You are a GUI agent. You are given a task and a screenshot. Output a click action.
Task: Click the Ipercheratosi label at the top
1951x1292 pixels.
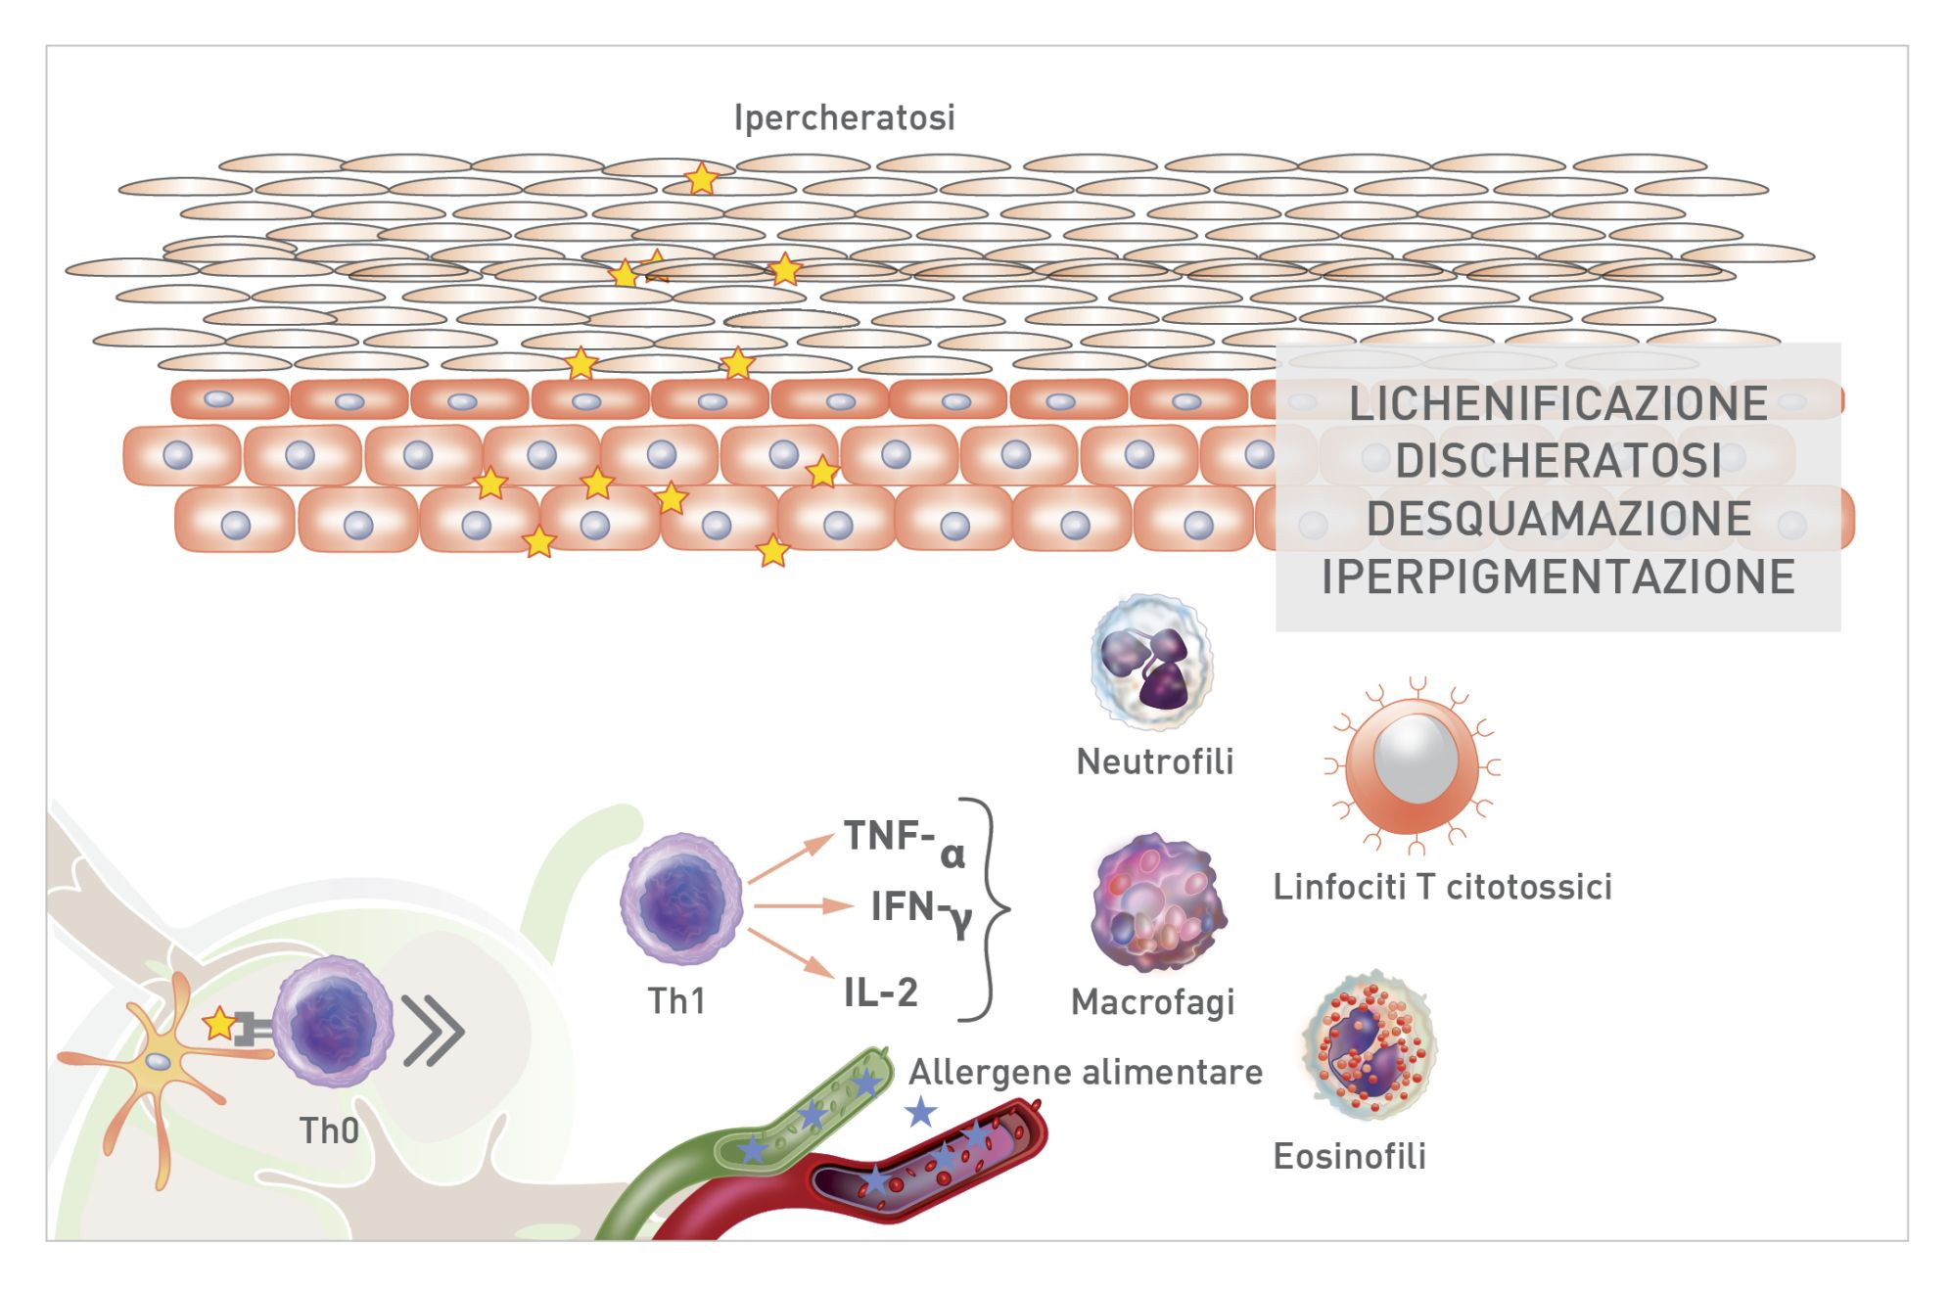click(844, 117)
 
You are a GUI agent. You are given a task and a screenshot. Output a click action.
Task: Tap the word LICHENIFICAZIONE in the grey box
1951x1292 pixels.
click(1557, 403)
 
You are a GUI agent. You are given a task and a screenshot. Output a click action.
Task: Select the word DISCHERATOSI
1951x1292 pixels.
click(1557, 461)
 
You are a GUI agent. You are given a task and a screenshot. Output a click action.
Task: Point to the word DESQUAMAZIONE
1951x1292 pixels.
click(1557, 519)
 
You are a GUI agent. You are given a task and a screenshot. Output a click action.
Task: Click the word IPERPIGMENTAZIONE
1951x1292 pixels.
click(1557, 577)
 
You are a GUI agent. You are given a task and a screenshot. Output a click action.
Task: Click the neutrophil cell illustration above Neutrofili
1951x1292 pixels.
click(1152, 663)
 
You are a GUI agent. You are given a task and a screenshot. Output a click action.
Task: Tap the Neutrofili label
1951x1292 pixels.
click(1154, 761)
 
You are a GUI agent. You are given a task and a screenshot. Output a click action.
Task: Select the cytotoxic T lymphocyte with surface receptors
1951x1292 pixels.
click(1413, 763)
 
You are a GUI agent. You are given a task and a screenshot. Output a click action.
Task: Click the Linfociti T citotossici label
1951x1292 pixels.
click(1442, 887)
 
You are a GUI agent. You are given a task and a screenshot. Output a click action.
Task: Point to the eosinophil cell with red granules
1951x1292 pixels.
click(1369, 1045)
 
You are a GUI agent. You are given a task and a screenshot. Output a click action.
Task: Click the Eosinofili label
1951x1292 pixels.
click(1349, 1156)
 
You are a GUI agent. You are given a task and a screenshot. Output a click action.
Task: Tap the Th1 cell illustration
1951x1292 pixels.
click(681, 899)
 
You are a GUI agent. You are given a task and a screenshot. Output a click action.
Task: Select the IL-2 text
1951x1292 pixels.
click(880, 992)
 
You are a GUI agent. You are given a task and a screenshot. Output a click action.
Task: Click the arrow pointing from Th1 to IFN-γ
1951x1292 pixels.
click(803, 906)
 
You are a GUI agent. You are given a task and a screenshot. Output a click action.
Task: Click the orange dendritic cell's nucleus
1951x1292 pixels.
click(158, 1062)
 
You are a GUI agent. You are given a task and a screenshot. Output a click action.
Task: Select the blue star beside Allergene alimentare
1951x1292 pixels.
click(920, 1112)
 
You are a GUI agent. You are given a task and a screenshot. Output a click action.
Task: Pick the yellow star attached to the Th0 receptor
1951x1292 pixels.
click(219, 1024)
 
